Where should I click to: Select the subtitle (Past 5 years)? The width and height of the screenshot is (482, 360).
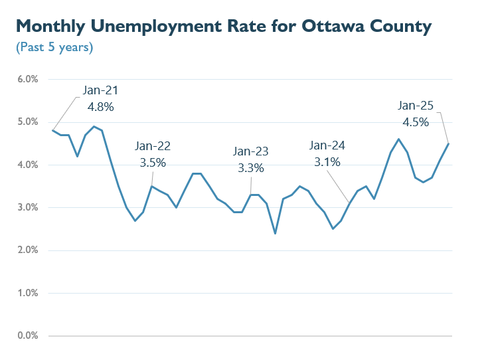[54, 48]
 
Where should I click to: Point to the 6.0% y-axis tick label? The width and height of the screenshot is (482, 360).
[27, 79]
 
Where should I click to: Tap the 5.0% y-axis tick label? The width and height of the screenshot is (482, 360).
[27, 122]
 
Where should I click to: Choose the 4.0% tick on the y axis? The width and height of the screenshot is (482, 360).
[27, 165]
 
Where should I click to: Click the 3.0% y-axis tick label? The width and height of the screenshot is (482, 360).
[27, 207]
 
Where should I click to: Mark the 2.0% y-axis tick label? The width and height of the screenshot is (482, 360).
[27, 250]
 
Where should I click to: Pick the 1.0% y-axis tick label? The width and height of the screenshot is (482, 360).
[27, 293]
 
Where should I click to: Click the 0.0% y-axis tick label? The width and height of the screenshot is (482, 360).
[27, 335]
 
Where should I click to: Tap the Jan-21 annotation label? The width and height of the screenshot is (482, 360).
[101, 90]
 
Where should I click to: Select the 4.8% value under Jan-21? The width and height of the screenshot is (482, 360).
[101, 106]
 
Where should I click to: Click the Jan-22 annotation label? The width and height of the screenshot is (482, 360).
[152, 146]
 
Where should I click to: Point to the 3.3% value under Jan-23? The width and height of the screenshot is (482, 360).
[251, 168]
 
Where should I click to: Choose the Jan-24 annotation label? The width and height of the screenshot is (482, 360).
[327, 145]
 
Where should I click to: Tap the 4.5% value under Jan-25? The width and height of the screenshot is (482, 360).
[416, 122]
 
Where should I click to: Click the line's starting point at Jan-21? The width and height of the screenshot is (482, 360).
[52, 130]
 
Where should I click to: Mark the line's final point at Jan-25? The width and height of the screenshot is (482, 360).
[449, 143]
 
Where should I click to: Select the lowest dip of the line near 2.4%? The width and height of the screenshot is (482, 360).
[275, 233]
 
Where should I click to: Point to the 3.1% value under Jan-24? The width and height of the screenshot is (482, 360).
[327, 161]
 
